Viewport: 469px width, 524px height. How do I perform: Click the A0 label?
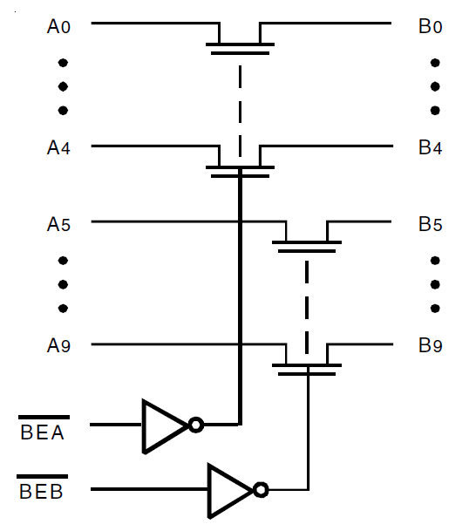(58, 26)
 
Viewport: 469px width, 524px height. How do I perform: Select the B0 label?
(430, 26)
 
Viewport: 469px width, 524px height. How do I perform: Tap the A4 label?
(58, 147)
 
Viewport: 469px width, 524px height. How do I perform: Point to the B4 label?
(430, 147)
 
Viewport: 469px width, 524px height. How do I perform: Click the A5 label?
(58, 224)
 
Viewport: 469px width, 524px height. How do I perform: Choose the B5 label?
(430, 224)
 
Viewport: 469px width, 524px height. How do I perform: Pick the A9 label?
(58, 346)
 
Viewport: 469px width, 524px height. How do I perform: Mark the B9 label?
(430, 346)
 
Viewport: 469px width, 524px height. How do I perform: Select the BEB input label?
(43, 493)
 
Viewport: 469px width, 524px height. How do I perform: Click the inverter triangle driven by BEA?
(163, 425)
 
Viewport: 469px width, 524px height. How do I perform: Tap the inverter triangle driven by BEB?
(228, 489)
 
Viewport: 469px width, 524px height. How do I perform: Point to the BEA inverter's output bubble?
(196, 425)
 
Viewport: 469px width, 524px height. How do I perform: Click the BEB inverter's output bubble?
(261, 489)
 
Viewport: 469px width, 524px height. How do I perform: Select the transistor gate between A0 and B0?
(239, 51)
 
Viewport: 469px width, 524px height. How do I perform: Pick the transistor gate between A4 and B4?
(239, 173)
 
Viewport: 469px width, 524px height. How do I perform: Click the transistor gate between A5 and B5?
(306, 248)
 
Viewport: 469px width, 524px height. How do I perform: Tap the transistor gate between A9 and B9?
(306, 371)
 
